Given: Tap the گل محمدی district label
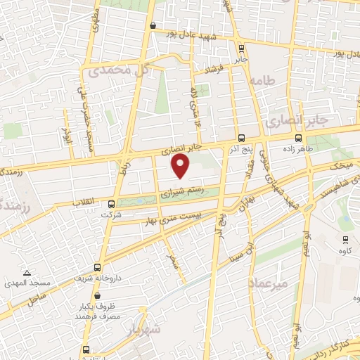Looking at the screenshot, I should [x=117, y=70].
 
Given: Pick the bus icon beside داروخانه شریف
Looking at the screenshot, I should [x=97, y=268].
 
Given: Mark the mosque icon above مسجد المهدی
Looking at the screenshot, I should [x=27, y=272].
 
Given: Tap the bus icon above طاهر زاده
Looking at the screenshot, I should [x=299, y=139].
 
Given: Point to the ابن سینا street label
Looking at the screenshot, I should [x=244, y=250].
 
